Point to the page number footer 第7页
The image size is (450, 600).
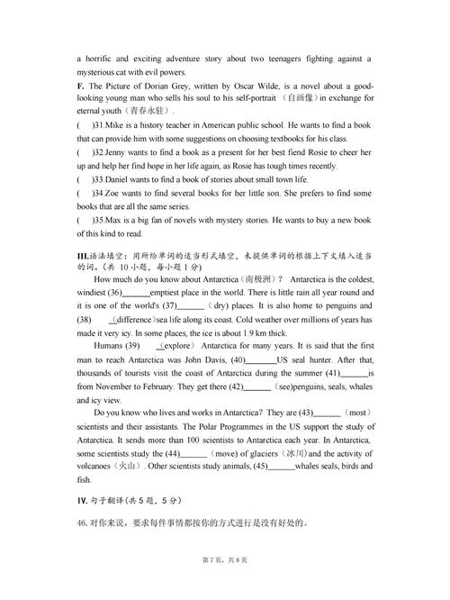pos(211,560)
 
